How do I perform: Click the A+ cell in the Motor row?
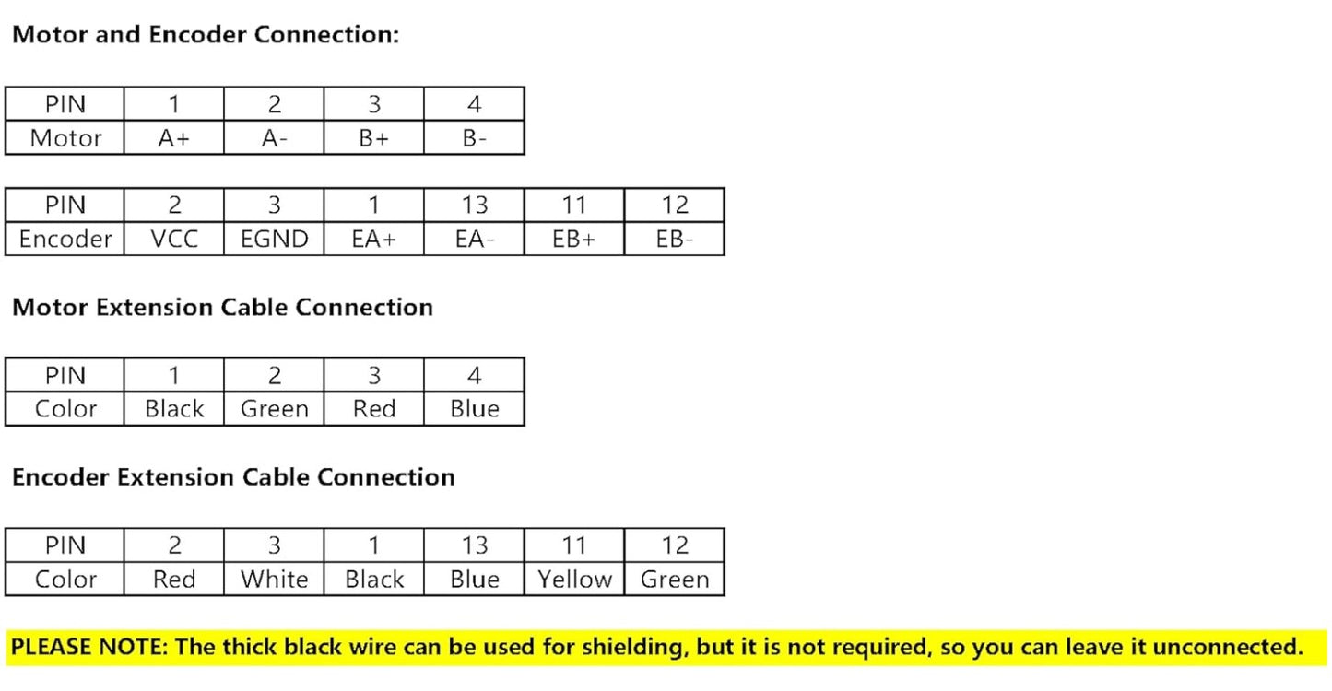[x=173, y=138]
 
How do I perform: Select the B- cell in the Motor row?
[x=474, y=138]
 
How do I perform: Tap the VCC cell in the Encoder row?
[x=173, y=240]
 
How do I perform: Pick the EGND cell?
[x=274, y=240]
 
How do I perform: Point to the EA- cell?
[x=474, y=240]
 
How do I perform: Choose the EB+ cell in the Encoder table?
[x=573, y=240]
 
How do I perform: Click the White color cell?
[x=274, y=580]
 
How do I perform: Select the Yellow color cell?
[x=573, y=580]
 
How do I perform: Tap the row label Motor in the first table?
[x=65, y=138]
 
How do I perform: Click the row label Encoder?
[x=65, y=240]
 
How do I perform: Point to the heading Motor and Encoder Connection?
[x=206, y=35]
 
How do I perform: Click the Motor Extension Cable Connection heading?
[x=222, y=307]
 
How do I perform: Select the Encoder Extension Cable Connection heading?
[x=233, y=477]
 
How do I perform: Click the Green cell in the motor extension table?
[x=274, y=409]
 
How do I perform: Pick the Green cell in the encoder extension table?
[x=675, y=580]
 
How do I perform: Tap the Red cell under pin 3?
[x=373, y=409]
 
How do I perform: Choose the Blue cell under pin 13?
[x=474, y=580]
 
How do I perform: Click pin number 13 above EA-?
[x=474, y=205]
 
